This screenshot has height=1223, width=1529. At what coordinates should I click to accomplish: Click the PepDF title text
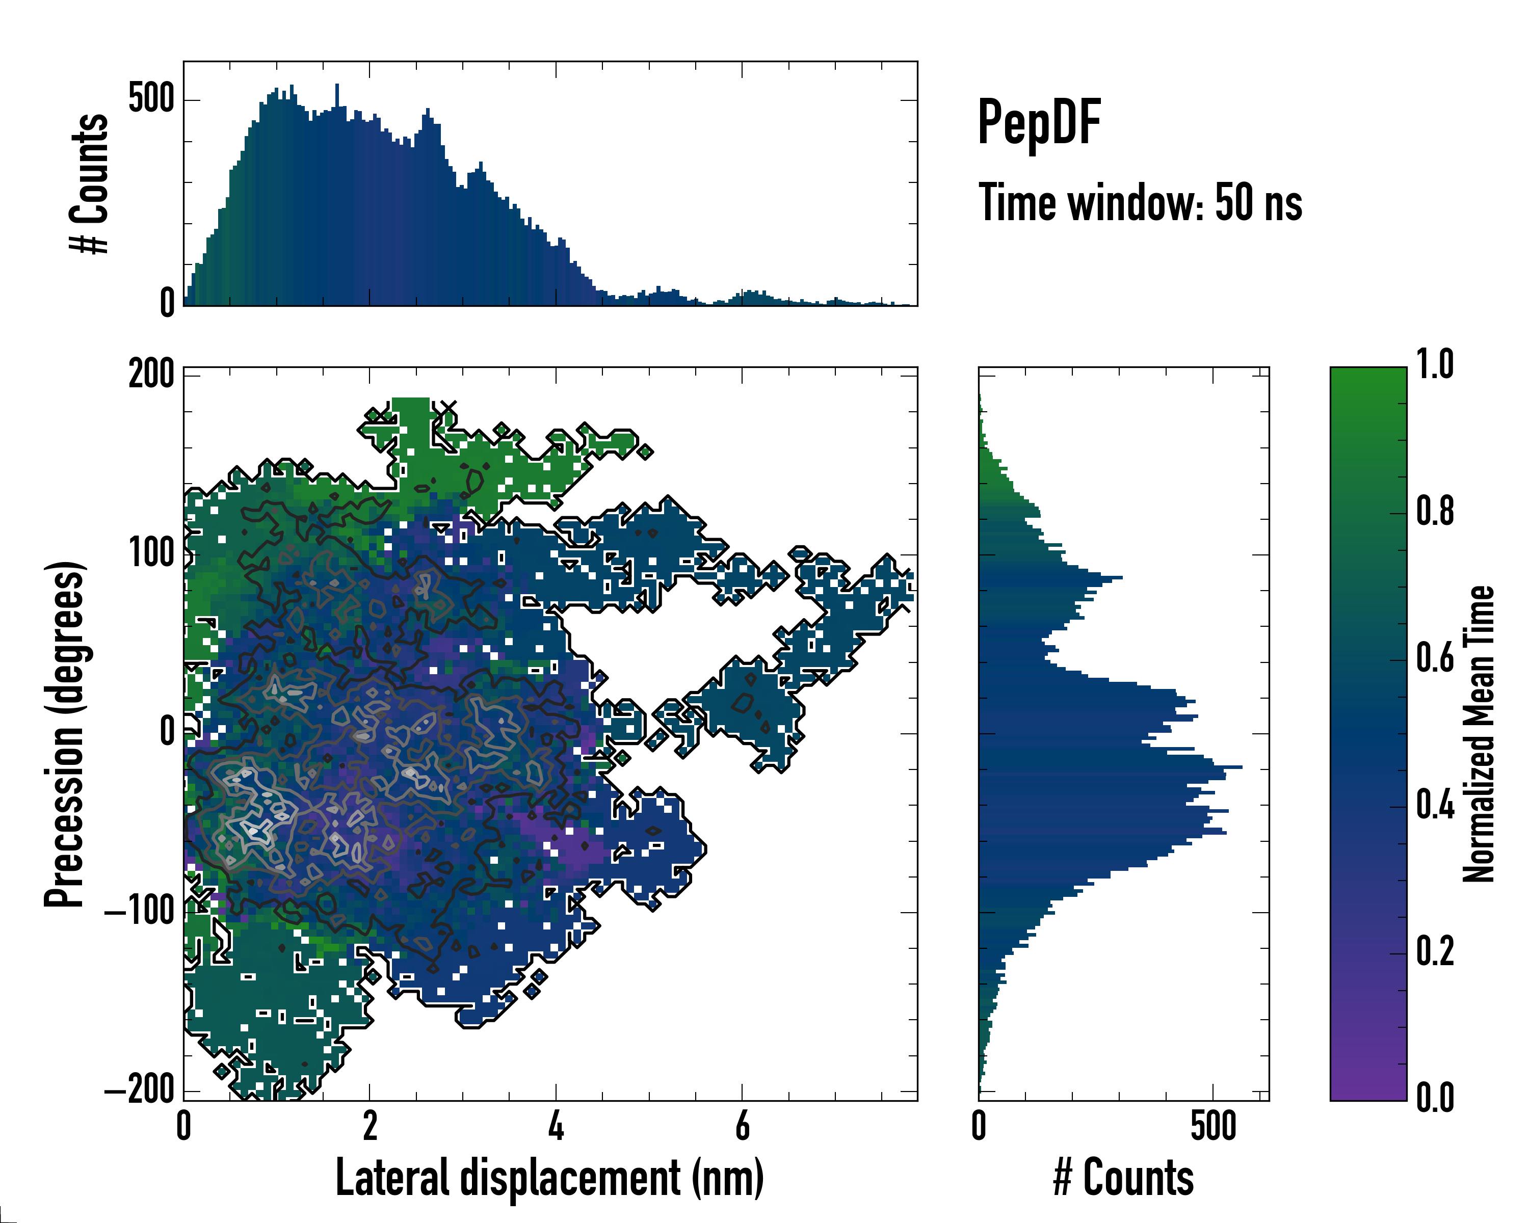point(1039,122)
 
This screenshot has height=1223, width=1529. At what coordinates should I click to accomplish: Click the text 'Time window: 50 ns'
point(1140,203)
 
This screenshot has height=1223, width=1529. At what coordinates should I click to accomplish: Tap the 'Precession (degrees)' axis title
point(65,734)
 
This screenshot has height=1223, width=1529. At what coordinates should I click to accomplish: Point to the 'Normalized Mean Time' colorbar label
point(1478,734)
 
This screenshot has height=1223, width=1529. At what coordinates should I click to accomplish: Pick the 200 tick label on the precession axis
point(151,373)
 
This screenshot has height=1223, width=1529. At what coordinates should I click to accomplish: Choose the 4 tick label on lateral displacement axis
point(556,1125)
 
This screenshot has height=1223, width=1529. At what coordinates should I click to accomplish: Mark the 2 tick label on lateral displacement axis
point(370,1125)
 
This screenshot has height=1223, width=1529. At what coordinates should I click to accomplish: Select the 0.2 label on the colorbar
point(1435,951)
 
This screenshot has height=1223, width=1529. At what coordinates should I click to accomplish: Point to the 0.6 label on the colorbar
point(1435,658)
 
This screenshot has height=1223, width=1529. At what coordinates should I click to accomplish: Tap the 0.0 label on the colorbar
point(1435,1098)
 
